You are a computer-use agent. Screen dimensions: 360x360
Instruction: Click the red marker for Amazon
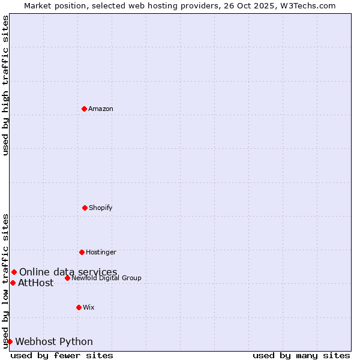point(84,109)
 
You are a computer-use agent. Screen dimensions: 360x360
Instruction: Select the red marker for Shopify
point(85,208)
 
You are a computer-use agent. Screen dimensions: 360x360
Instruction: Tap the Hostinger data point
point(82,252)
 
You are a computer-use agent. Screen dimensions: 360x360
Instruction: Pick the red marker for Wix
point(79,307)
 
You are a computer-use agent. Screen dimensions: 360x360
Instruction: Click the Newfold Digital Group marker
point(67,278)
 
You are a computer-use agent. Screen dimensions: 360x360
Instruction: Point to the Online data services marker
point(14,272)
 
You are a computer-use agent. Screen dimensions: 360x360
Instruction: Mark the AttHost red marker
point(13,283)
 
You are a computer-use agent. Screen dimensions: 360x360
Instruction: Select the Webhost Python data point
point(10,341)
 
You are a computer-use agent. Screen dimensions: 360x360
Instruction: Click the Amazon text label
point(101,109)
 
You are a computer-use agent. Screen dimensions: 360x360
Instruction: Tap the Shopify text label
point(101,208)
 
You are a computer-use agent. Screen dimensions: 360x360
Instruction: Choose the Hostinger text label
point(101,252)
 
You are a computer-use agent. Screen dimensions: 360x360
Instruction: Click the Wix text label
point(89,307)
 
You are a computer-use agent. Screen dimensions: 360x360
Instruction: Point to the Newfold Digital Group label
point(106,278)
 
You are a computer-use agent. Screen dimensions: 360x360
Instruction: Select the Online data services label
point(68,272)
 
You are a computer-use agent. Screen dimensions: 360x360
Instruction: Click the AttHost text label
point(36,283)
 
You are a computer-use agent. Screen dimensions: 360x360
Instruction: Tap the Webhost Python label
point(54,342)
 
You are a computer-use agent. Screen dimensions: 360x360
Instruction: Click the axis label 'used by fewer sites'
point(62,355)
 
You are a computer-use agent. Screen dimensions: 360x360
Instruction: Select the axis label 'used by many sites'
point(301,355)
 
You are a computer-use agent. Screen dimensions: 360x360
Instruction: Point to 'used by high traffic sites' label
point(5,85)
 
